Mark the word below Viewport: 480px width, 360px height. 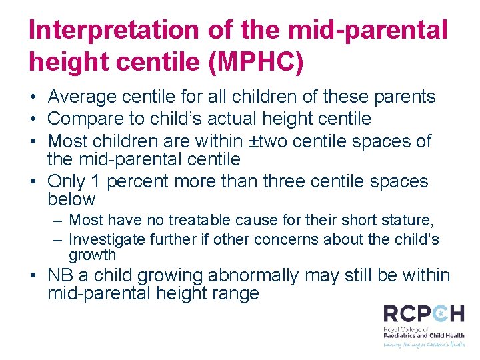(71, 199)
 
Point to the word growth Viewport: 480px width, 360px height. (92, 255)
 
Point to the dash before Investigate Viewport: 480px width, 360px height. (58, 239)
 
